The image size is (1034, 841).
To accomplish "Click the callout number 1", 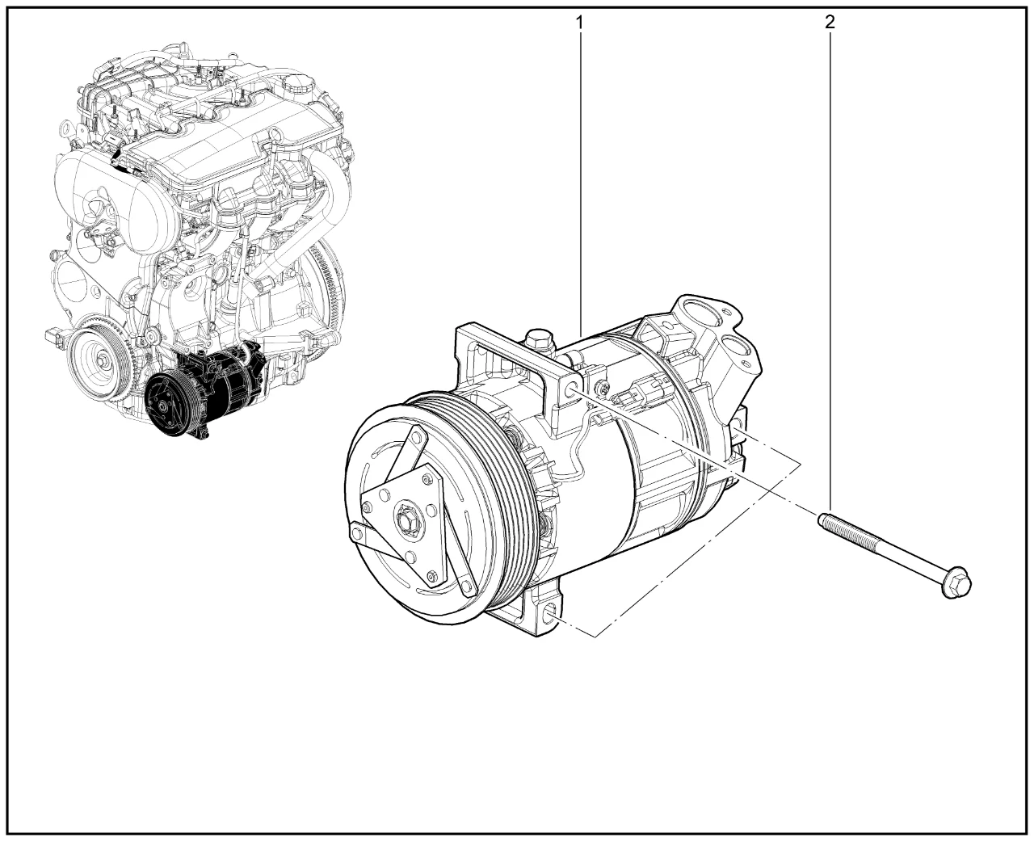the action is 579,22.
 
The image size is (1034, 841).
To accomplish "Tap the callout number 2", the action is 830,22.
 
